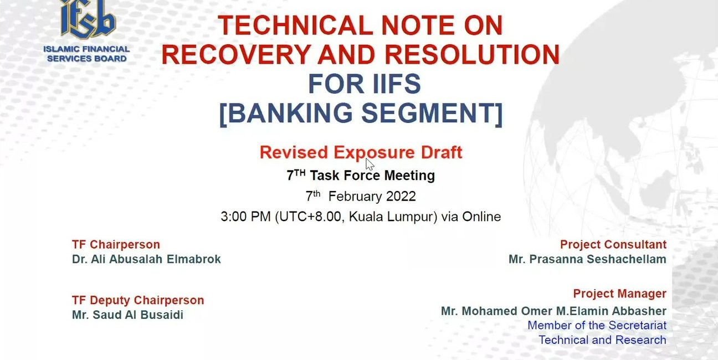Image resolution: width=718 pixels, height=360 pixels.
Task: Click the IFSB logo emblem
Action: coord(88,19)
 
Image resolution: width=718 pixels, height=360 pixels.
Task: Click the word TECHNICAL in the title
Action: coord(295,25)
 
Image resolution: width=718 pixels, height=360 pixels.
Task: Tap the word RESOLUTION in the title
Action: coord(472,54)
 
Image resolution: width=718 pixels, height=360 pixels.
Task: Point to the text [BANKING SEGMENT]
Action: coord(361,114)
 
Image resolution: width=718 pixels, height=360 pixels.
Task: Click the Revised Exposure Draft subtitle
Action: coord(361,153)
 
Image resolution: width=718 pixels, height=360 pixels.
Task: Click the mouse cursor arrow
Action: coord(370,164)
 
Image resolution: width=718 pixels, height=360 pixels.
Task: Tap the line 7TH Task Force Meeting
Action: coord(361,175)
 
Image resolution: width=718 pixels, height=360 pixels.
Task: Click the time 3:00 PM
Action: coord(245,217)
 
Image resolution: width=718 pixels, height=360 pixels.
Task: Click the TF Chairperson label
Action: coord(116,245)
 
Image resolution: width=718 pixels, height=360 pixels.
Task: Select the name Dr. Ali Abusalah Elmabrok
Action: coord(146,259)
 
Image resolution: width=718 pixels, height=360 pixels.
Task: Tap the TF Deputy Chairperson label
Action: coord(138,300)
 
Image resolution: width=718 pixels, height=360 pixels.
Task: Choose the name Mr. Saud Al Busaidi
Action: coord(127,315)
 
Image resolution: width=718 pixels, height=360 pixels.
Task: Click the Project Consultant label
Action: coord(613,245)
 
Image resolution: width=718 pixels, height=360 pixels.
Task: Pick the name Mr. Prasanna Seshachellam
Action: coord(588,259)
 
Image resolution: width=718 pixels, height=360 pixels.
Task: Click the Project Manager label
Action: coord(619,294)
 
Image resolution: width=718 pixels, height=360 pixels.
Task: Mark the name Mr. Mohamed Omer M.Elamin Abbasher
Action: coord(553,311)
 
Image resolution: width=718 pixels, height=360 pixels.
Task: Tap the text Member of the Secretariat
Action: coord(597,325)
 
